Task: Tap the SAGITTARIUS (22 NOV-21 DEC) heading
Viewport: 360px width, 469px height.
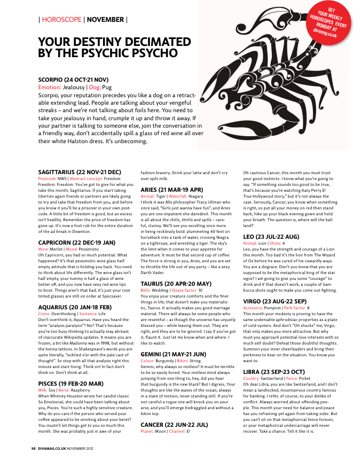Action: click(x=80, y=172)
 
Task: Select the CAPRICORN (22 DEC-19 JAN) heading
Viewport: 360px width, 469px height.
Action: click(x=76, y=242)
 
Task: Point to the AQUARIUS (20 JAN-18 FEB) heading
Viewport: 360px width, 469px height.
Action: click(x=75, y=307)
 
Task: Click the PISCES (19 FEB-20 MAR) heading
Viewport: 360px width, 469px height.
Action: click(x=70, y=383)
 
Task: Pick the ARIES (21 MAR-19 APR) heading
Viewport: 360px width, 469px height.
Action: click(x=171, y=190)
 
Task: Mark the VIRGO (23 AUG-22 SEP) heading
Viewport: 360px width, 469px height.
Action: click(x=275, y=301)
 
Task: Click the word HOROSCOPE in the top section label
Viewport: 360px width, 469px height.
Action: click(x=61, y=20)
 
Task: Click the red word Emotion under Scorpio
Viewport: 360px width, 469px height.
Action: click(x=49, y=87)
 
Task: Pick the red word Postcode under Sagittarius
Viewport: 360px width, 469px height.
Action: click(x=48, y=178)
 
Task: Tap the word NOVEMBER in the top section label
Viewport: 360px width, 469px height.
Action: click(x=105, y=20)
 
